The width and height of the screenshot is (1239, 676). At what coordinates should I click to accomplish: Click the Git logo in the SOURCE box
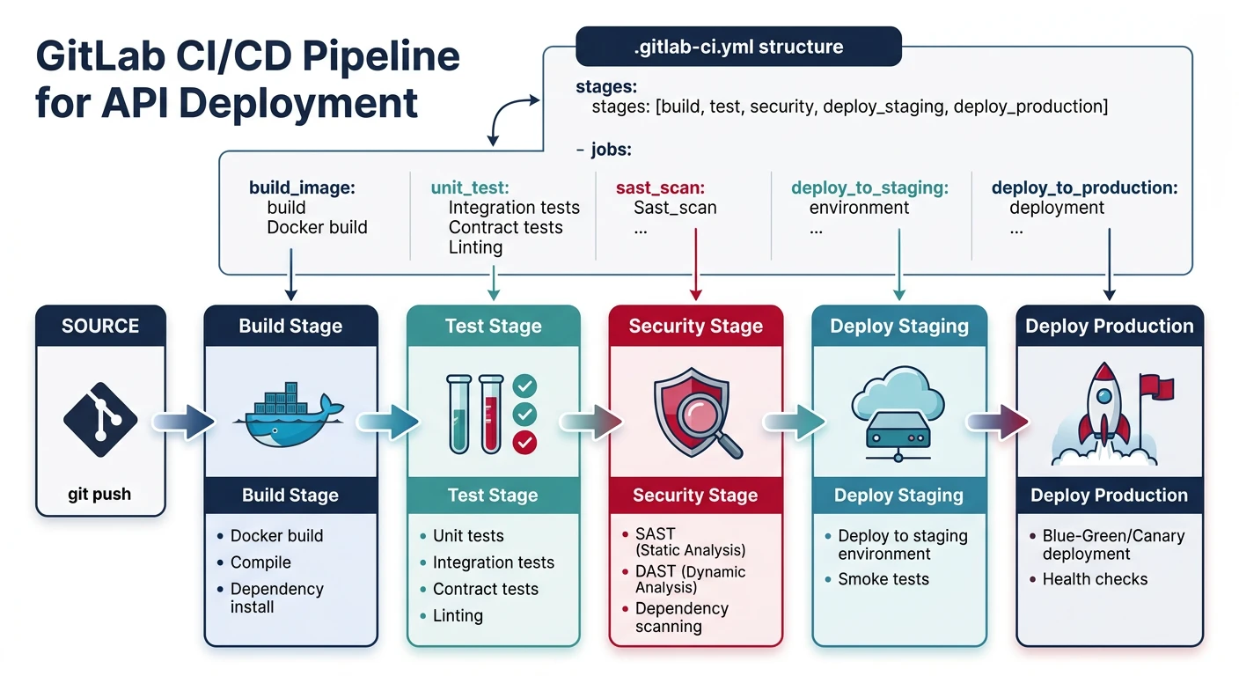[x=100, y=419]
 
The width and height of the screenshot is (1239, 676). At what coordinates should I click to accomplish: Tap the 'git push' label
[x=99, y=495]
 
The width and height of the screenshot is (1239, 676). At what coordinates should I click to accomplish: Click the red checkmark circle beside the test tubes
[x=524, y=442]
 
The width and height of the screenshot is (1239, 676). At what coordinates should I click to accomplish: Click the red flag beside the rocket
[x=1149, y=386]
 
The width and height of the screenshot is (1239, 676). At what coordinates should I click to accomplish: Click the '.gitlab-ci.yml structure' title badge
[x=738, y=47]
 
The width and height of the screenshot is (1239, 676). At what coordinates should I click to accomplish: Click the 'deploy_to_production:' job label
[x=1084, y=188]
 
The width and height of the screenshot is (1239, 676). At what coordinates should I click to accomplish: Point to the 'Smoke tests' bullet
[x=883, y=579]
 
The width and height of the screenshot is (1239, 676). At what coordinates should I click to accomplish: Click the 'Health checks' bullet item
[x=1095, y=579]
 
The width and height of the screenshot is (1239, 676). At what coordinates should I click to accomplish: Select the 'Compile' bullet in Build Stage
[x=260, y=562]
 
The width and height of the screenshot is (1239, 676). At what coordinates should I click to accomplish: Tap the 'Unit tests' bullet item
[x=468, y=536]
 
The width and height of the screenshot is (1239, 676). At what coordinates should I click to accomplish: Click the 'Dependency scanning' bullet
[x=681, y=617]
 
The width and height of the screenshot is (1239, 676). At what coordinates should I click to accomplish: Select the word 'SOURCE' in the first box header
[x=100, y=326]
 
